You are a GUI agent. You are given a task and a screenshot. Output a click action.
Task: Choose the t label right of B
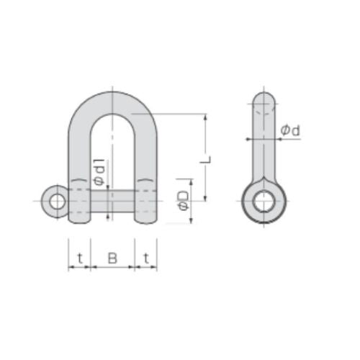[146, 257]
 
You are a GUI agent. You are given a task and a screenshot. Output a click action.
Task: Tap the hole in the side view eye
[264, 201]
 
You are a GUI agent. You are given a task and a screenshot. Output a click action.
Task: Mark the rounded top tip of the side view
[264, 94]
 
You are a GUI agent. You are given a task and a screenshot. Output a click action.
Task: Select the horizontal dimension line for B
[112, 267]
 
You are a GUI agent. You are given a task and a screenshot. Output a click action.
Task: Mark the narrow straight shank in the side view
[264, 144]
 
